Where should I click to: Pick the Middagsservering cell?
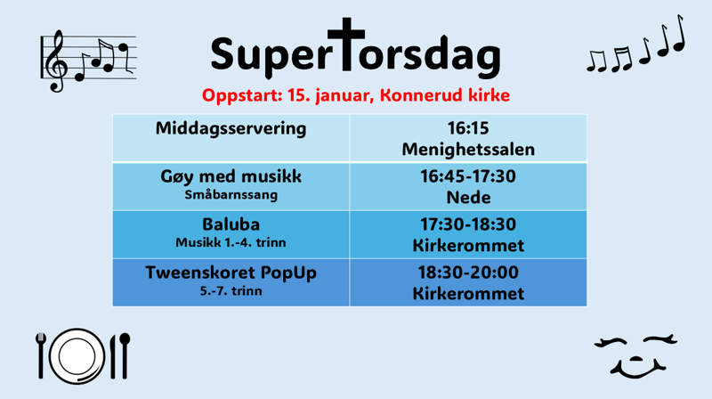pyautogui.click(x=231, y=128)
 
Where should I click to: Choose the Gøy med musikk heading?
pyautogui.click(x=231, y=176)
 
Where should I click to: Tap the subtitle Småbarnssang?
pyautogui.click(x=231, y=193)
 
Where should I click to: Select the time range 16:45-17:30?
pyautogui.click(x=468, y=176)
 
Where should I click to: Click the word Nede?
pyautogui.click(x=468, y=197)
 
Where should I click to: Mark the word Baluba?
pyautogui.click(x=231, y=224)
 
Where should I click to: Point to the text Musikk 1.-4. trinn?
pyautogui.click(x=231, y=241)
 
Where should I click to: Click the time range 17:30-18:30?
pyautogui.click(x=468, y=224)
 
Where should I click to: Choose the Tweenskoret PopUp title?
pyautogui.click(x=231, y=273)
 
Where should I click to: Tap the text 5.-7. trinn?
pyautogui.click(x=231, y=290)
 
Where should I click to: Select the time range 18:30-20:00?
pyautogui.click(x=468, y=273)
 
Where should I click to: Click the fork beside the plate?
pyautogui.click(x=41, y=354)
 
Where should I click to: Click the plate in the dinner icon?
pyautogui.click(x=78, y=355)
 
